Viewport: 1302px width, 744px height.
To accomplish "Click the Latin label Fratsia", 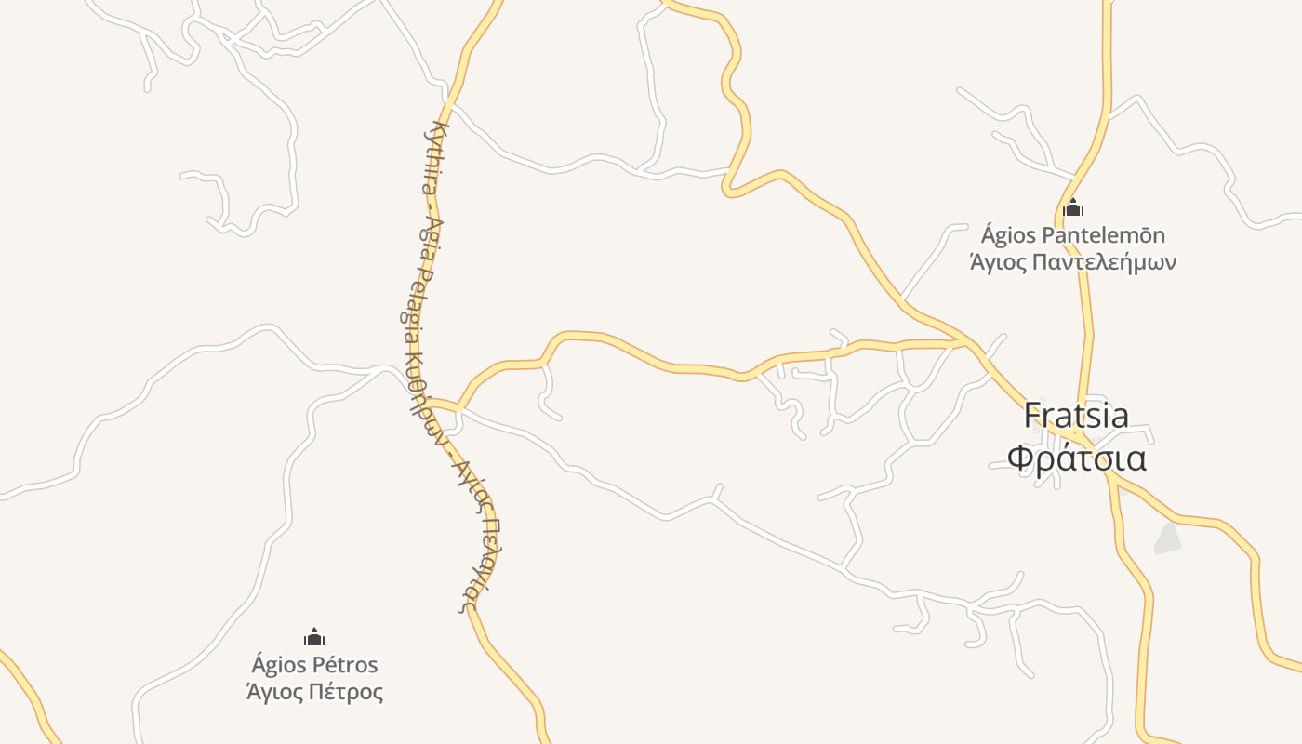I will (1076, 415).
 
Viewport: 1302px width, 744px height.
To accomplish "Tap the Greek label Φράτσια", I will (1076, 459).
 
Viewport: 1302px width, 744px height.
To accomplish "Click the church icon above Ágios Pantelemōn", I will (1073, 207).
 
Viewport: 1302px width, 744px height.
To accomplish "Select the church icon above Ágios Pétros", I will (314, 637).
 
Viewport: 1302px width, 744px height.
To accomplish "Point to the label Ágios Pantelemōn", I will (1073, 234).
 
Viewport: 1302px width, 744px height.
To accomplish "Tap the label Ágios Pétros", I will (314, 665).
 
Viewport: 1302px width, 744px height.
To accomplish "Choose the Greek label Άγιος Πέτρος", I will (314, 693).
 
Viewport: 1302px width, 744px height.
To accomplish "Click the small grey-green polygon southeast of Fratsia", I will (1167, 538).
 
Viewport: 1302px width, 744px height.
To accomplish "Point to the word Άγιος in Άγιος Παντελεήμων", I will (998, 262).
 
